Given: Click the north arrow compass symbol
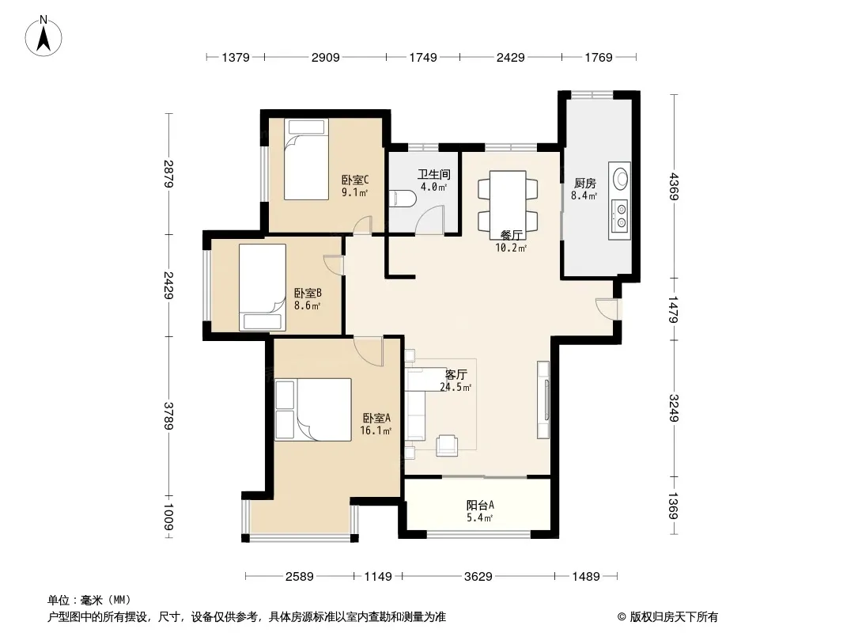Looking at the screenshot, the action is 43,36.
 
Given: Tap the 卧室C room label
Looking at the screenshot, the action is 355,180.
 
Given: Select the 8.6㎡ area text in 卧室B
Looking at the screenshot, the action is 307,306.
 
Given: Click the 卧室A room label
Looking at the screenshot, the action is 376,418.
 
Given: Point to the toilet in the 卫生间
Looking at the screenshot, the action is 402,199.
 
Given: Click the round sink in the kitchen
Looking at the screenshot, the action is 621,179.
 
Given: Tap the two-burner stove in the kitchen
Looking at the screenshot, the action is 621,215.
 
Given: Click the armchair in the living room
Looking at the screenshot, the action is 447,445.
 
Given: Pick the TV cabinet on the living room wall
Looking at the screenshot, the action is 543,400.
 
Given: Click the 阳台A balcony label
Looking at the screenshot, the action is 479,505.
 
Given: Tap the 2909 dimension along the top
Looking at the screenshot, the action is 325,57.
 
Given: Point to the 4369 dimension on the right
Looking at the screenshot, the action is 674,186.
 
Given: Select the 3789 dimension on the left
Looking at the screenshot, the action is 168,415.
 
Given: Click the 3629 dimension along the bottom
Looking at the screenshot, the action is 478,577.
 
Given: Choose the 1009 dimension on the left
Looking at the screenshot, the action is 168,517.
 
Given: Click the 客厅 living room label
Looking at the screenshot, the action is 456,374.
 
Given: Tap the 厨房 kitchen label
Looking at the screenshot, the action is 585,184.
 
